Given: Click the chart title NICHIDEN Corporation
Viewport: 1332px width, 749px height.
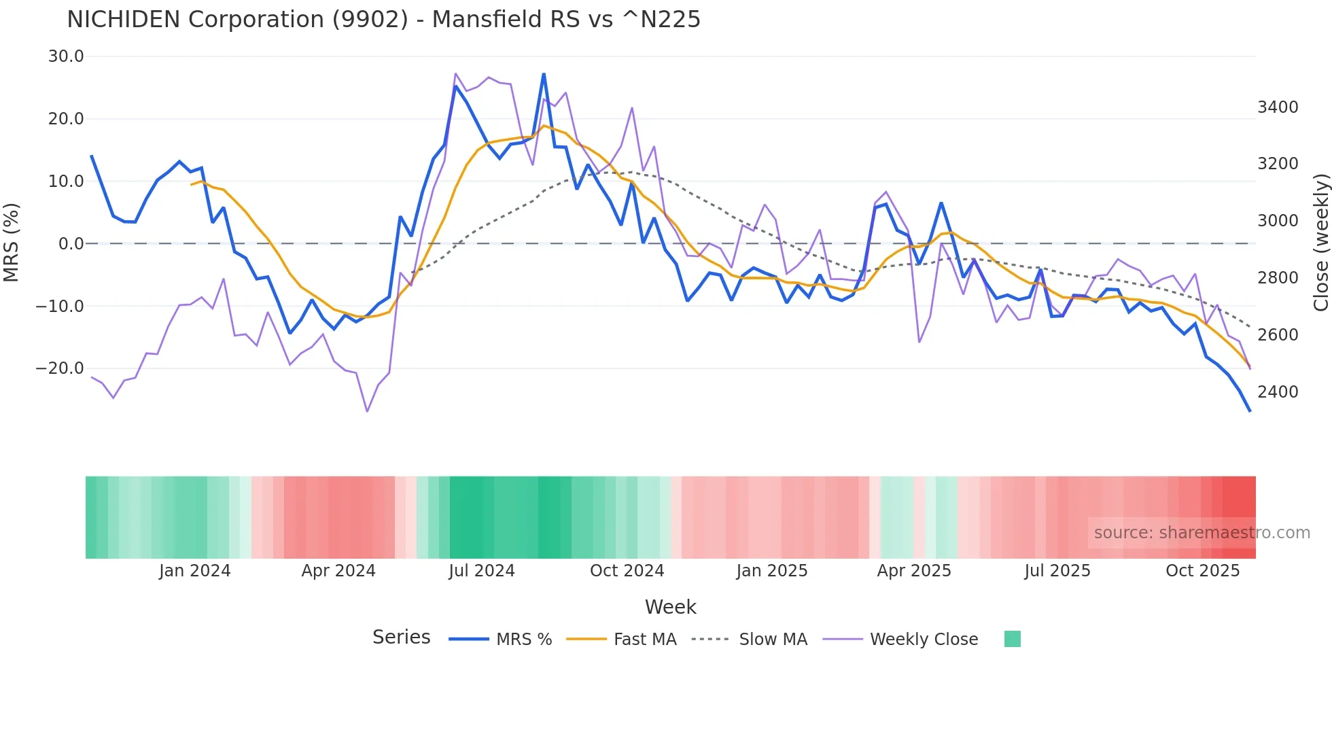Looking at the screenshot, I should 383,20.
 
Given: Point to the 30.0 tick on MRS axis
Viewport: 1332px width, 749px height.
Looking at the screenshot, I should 66,56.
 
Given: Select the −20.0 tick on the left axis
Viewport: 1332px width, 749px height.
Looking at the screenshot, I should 60,368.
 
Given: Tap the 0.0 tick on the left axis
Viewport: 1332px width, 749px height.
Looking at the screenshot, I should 71,243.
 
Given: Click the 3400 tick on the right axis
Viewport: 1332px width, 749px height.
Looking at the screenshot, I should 1278,107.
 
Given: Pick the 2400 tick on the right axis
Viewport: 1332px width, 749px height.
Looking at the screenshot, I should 1278,391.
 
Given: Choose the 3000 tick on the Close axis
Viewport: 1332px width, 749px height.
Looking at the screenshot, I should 1278,221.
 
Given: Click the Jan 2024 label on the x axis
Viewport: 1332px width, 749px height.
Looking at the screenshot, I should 195,571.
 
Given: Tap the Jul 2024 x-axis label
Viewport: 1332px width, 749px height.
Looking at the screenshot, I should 482,571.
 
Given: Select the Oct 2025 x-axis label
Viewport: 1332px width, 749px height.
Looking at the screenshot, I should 1202,571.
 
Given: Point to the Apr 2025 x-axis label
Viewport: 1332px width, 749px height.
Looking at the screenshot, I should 914,571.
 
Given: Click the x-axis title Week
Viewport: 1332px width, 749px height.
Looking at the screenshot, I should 670,607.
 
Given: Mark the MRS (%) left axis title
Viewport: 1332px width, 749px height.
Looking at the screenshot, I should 12,242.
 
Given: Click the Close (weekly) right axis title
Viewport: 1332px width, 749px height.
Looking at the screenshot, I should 1320,243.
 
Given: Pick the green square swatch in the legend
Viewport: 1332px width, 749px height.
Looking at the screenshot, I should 1012,639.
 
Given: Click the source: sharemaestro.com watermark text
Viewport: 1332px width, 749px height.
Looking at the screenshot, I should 1202,533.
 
